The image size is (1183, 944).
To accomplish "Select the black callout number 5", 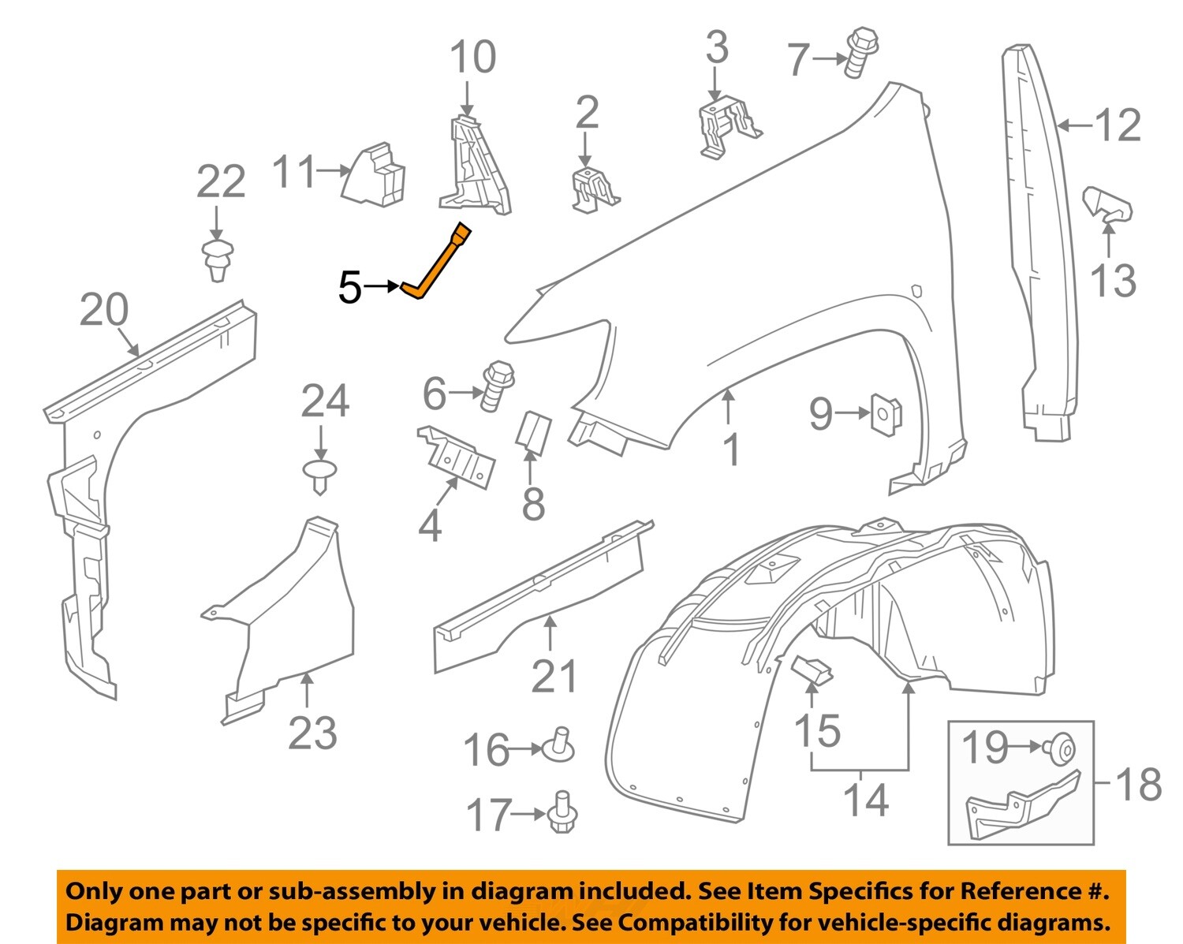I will click(x=349, y=288).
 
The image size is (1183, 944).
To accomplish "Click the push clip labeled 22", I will click(x=218, y=259).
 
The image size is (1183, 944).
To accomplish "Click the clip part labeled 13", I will click(x=1109, y=204).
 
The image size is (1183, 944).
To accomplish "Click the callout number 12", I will click(x=1118, y=125).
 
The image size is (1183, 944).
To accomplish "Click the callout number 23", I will click(x=312, y=733).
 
